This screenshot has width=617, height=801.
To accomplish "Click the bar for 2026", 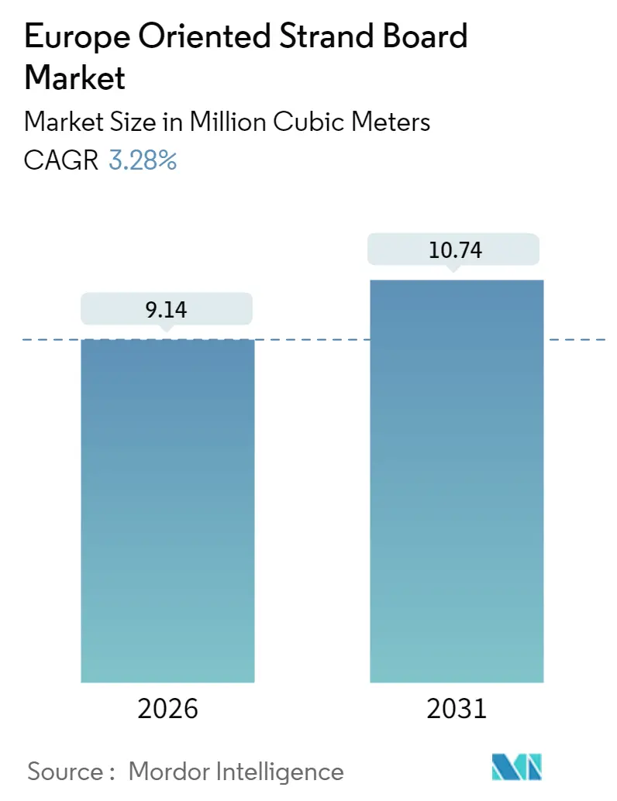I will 167,511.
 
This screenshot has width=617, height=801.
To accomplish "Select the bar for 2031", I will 457,480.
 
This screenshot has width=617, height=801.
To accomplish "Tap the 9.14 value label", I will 167,309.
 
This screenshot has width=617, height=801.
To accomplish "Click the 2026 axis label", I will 167,708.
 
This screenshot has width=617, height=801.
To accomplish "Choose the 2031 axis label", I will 457,708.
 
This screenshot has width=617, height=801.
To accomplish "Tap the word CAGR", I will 61,161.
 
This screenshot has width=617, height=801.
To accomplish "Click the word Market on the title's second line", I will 74,77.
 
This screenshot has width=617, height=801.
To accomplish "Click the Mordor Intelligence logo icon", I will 517,767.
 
